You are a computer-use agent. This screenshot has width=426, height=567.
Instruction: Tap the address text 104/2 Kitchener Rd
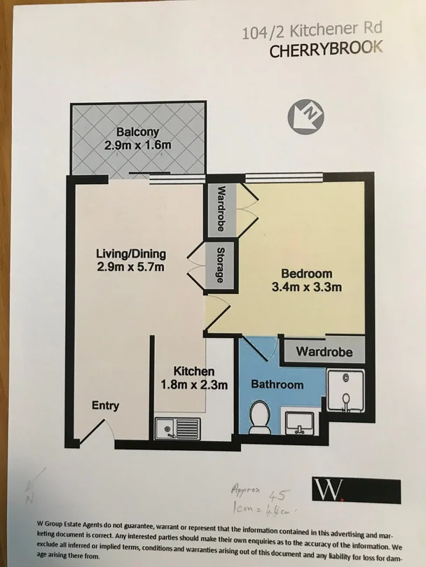click(x=312, y=30)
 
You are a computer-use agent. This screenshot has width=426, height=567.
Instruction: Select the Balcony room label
click(x=138, y=132)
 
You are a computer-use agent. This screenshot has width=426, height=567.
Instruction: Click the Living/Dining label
click(x=130, y=253)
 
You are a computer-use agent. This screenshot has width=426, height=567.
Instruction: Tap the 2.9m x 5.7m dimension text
click(x=132, y=267)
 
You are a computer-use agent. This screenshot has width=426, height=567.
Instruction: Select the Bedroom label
click(x=306, y=273)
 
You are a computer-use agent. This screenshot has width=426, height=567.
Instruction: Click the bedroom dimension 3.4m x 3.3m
click(x=307, y=286)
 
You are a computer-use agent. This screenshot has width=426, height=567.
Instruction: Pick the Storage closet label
click(x=221, y=265)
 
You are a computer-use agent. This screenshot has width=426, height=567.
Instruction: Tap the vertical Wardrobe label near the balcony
click(x=221, y=208)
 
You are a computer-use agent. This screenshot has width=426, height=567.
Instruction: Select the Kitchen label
click(x=194, y=371)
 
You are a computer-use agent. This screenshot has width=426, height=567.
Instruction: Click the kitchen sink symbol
click(x=177, y=427)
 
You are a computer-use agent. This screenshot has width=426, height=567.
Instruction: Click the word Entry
click(x=105, y=405)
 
